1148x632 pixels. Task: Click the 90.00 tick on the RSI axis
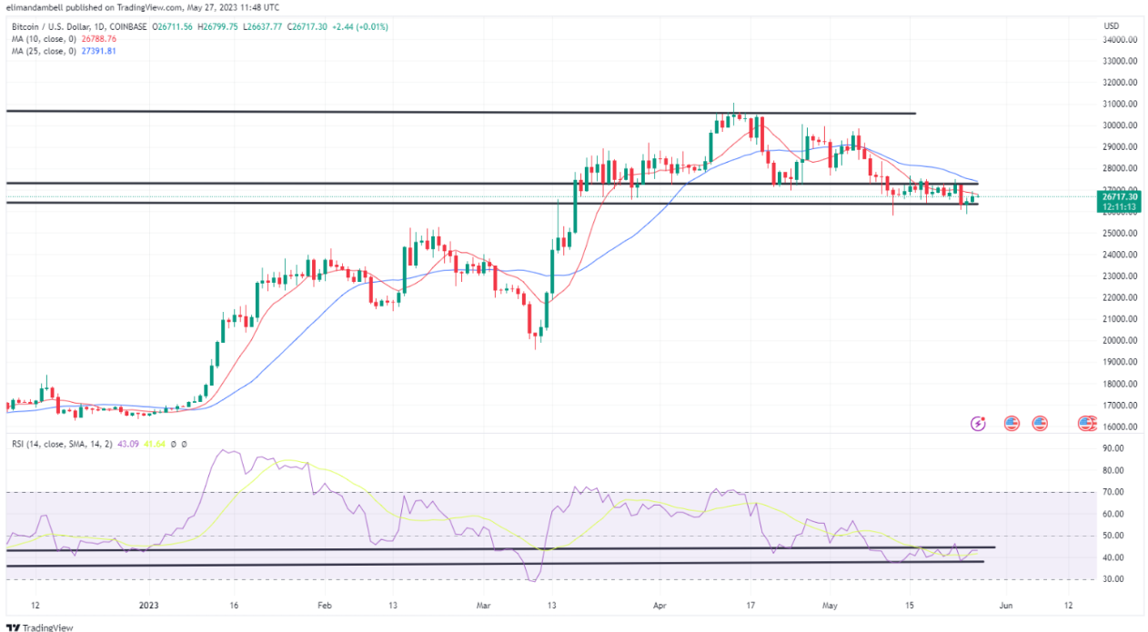pyautogui.click(x=1112, y=448)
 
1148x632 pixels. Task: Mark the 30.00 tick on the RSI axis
pyautogui.click(x=1112, y=579)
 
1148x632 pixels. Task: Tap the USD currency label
pyautogui.click(x=1111, y=25)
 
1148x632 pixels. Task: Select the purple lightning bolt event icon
pyautogui.click(x=978, y=423)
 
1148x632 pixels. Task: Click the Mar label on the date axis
pyautogui.click(x=483, y=605)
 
